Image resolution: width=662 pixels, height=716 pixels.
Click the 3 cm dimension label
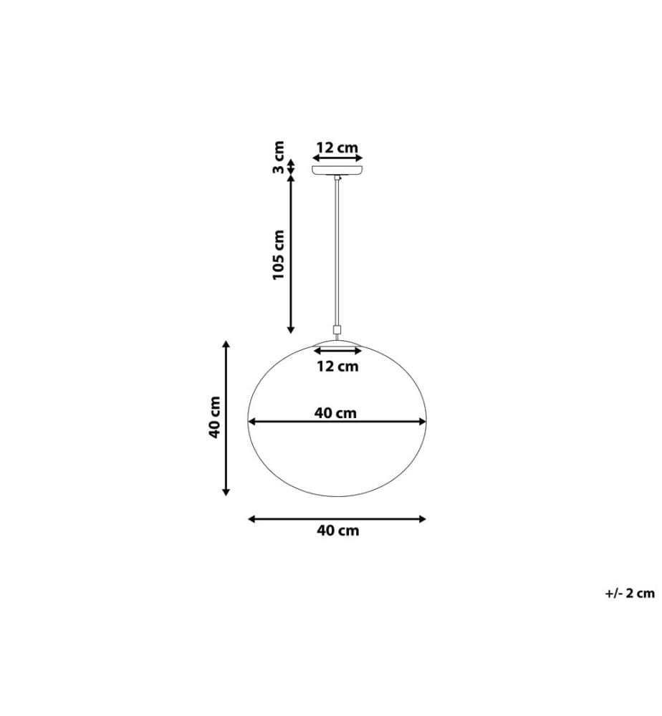[278, 158]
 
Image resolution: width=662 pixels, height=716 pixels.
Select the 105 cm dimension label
[278, 255]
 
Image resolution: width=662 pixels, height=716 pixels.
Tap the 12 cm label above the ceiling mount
[337, 147]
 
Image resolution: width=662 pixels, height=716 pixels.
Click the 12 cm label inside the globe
[337, 366]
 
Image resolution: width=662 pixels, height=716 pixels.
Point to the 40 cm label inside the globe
[335, 413]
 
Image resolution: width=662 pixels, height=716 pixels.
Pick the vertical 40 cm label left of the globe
[215, 417]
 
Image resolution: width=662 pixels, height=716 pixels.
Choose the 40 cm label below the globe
[337, 531]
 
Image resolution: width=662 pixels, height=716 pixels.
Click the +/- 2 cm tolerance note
[630, 593]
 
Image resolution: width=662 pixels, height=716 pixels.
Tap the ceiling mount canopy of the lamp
[337, 170]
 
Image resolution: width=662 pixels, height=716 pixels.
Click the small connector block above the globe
[337, 329]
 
